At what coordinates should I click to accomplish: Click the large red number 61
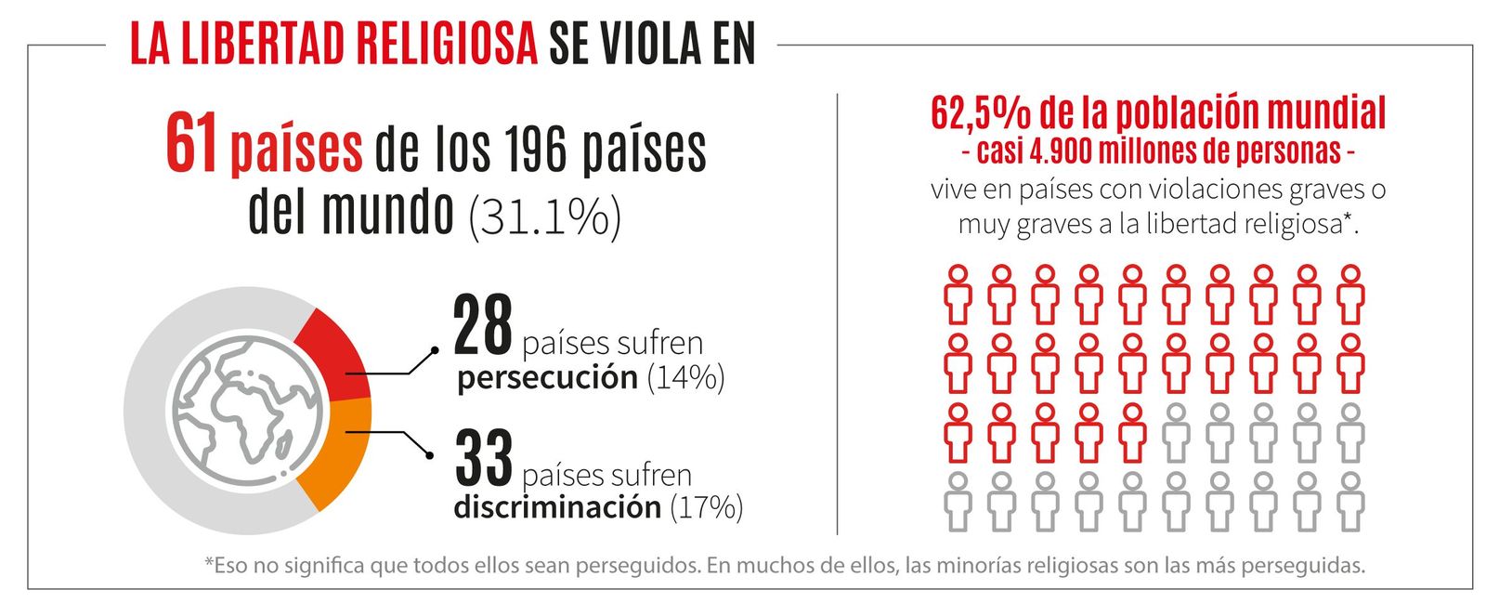tap(191, 144)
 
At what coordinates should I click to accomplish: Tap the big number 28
tap(483, 327)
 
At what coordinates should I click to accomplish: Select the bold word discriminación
tap(556, 508)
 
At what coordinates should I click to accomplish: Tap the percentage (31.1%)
tap(544, 216)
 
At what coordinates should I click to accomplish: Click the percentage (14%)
tap(685, 378)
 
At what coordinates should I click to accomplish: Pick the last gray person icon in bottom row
tap(1350, 501)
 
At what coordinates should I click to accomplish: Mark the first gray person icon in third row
tap(1176, 432)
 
